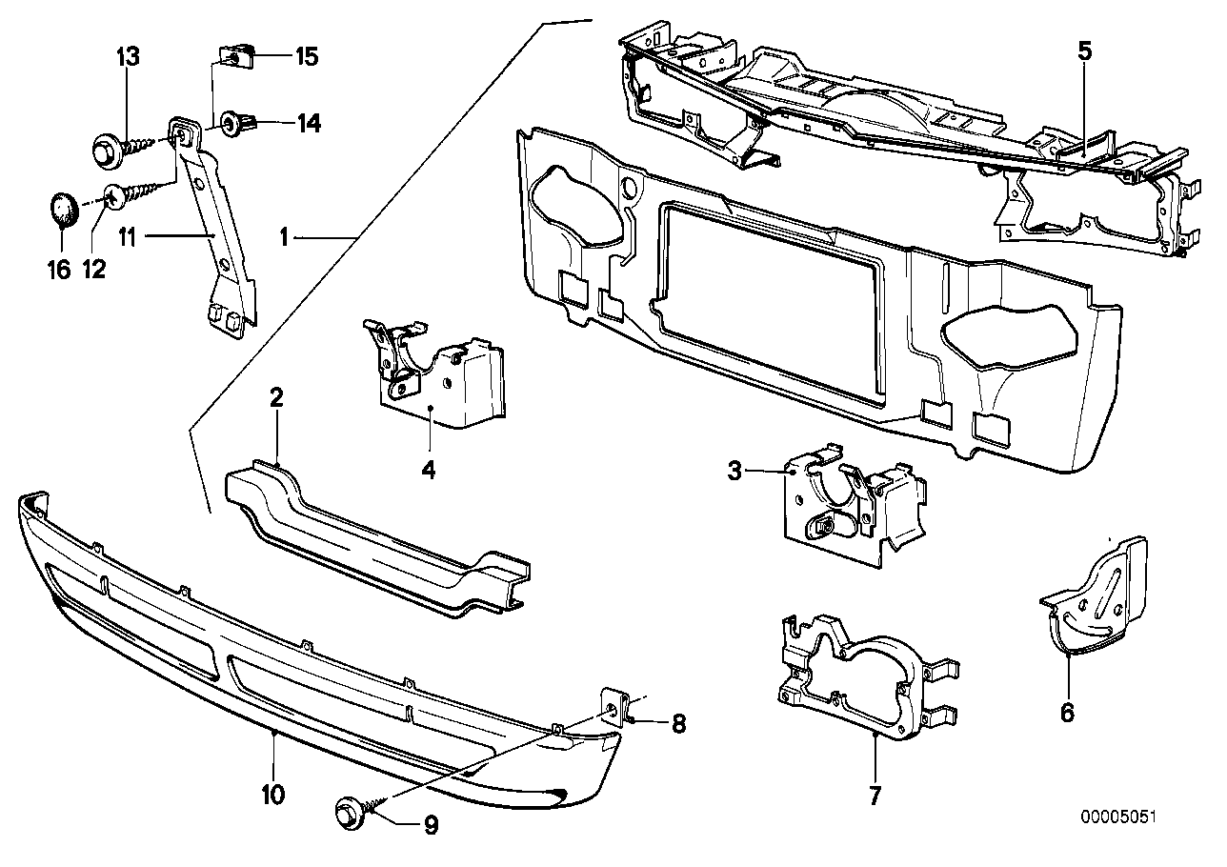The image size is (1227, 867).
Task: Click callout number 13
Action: tap(128, 56)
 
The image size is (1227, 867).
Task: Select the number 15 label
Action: tap(305, 57)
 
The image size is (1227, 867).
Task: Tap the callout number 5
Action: tap(1085, 51)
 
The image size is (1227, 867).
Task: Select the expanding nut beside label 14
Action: tap(236, 123)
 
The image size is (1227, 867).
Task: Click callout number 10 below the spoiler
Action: tap(273, 794)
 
